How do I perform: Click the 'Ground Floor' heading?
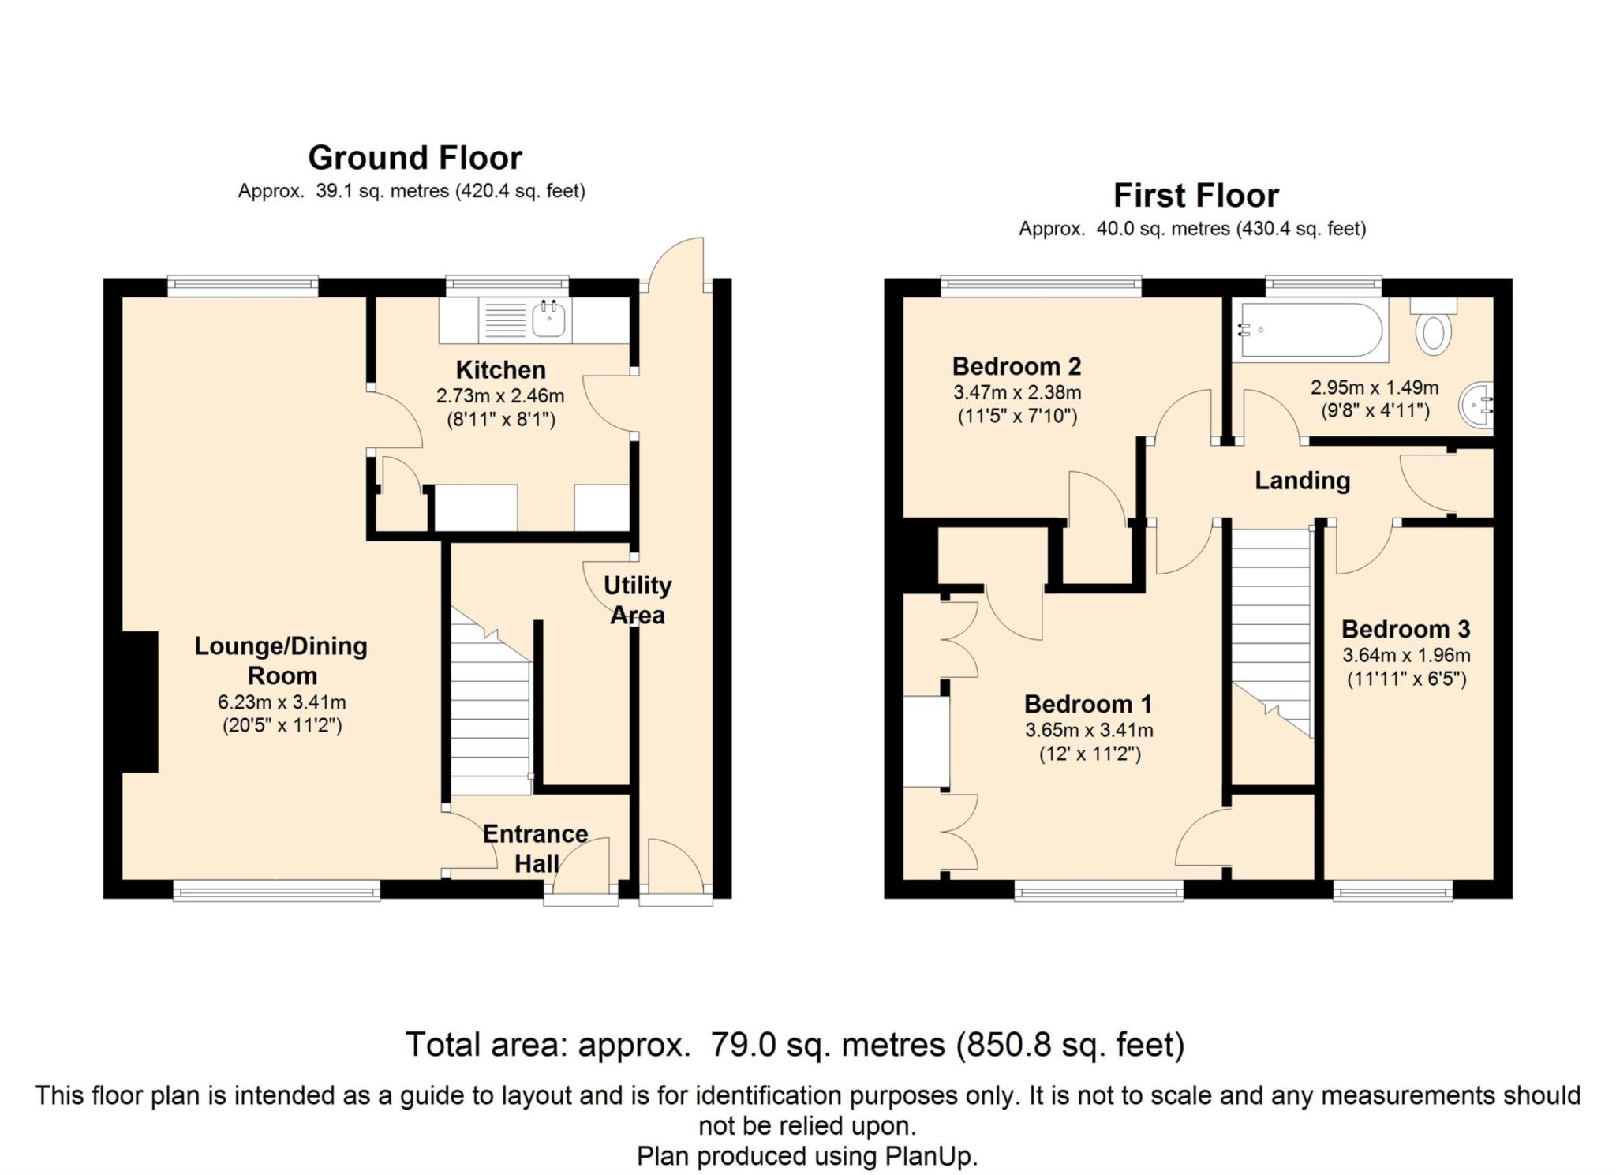(415, 158)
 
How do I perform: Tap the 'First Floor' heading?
(1195, 196)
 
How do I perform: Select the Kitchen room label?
(500, 369)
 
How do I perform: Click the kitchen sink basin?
(548, 319)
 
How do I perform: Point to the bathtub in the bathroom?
(1311, 330)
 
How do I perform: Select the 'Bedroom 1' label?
(1088, 703)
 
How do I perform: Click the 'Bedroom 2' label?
(1016, 366)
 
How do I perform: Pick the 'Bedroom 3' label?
(1406, 629)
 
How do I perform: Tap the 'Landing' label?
(1302, 481)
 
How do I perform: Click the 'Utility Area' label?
(638, 600)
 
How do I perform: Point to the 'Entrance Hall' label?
(536, 848)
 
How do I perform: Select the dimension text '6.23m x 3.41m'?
(282, 702)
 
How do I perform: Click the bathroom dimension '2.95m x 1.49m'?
(1375, 387)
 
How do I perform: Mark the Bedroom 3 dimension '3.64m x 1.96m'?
(1407, 655)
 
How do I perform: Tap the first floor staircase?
(1272, 632)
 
